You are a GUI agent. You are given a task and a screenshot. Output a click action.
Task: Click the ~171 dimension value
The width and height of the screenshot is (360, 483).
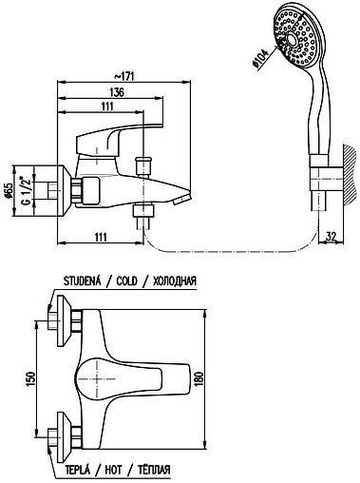(x=123, y=76)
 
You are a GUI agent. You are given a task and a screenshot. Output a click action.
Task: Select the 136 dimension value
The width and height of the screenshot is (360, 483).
(x=117, y=92)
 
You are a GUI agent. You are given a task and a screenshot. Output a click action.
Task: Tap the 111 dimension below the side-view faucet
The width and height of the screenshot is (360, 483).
(x=101, y=237)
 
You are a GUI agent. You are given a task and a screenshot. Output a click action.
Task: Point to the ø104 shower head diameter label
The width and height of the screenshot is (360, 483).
(x=260, y=59)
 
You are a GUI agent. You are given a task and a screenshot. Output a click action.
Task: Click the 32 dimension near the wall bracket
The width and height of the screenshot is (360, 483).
(x=331, y=236)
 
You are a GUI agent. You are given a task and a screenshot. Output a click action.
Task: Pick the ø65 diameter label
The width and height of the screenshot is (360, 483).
(x=9, y=191)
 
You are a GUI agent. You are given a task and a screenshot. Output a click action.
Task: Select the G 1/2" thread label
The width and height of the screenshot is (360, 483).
(x=27, y=191)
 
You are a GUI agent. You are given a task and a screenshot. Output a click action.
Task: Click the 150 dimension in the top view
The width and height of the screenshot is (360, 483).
(x=30, y=378)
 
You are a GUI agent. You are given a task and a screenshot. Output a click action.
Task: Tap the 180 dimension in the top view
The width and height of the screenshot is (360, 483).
(x=199, y=378)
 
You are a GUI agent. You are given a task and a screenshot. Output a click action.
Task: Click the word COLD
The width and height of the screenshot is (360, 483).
(x=127, y=281)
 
